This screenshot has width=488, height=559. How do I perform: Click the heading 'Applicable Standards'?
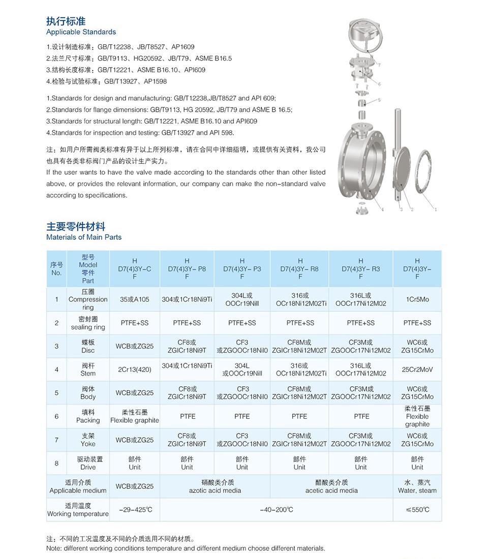coord(81,32)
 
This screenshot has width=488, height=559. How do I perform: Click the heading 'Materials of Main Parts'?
coord(84,237)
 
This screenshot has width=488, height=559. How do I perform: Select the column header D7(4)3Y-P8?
coord(187,269)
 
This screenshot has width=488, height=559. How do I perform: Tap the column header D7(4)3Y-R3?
coord(360,269)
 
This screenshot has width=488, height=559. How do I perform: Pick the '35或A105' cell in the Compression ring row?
coord(135,300)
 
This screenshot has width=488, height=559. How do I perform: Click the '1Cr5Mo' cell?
coord(417,300)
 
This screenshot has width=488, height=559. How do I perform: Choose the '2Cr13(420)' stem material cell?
coord(135,369)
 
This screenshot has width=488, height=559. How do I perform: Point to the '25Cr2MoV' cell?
coord(417,369)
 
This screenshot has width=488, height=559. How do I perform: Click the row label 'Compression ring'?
coord(88,300)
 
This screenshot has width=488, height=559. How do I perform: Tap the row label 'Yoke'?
coord(88,440)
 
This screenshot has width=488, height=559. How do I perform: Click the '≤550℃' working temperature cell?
coord(417,509)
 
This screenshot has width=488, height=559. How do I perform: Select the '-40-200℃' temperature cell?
coord(276,509)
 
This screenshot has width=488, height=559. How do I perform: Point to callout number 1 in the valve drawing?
coord(436,209)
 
